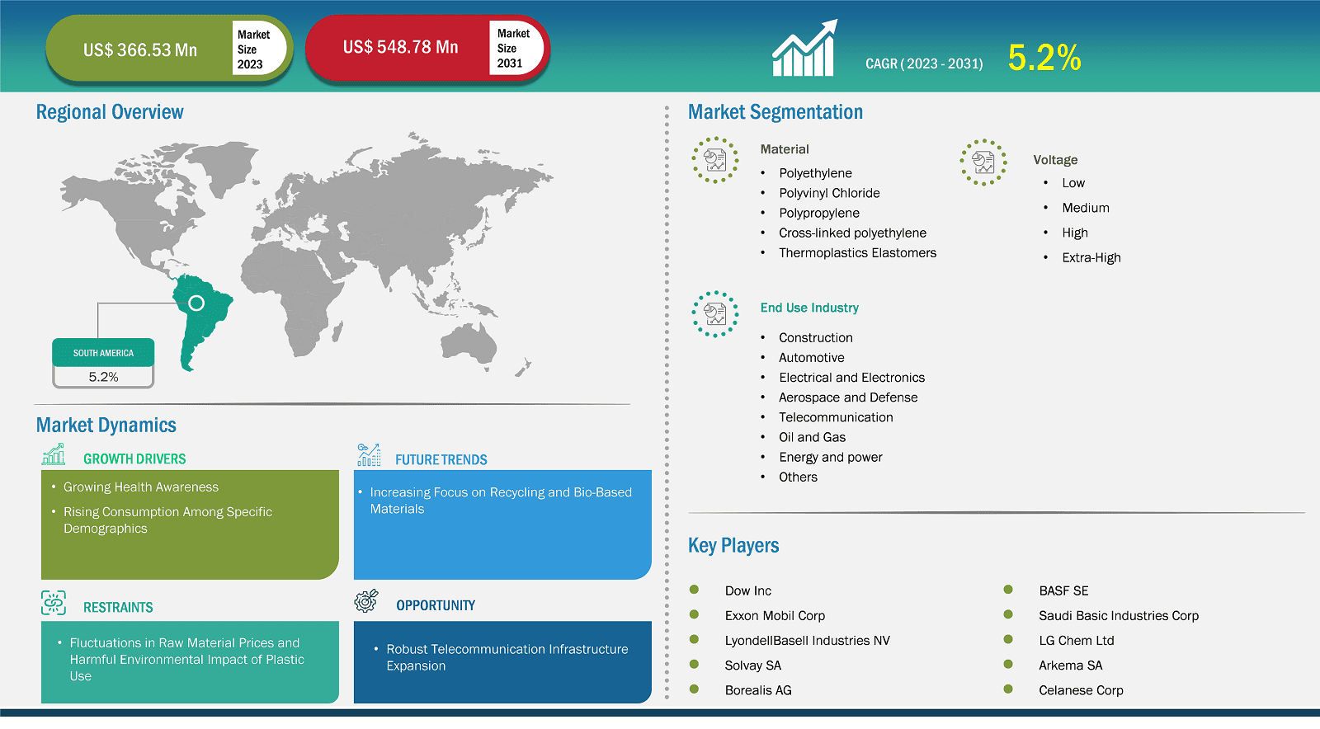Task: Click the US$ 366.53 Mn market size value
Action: click(x=140, y=50)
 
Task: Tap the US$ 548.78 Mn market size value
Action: click(x=401, y=47)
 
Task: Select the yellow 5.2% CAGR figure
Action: click(x=1044, y=58)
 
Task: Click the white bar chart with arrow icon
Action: click(x=804, y=49)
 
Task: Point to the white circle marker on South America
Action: click(x=196, y=303)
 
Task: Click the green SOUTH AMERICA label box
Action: click(x=103, y=353)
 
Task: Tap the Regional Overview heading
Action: click(x=110, y=112)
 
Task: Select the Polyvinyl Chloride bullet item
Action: click(x=829, y=193)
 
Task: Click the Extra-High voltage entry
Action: click(x=1091, y=257)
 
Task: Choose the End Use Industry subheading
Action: click(x=809, y=308)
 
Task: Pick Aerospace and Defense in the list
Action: click(x=848, y=397)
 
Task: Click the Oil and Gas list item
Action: click(x=812, y=437)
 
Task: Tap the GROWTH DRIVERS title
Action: click(x=134, y=459)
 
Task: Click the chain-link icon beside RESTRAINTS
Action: click(x=54, y=603)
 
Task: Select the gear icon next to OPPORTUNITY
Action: click(x=366, y=601)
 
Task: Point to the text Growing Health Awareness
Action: click(x=141, y=487)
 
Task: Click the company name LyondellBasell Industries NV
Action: click(x=808, y=640)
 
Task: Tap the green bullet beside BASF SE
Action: click(x=1008, y=590)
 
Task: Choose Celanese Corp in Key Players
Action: click(x=1081, y=690)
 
